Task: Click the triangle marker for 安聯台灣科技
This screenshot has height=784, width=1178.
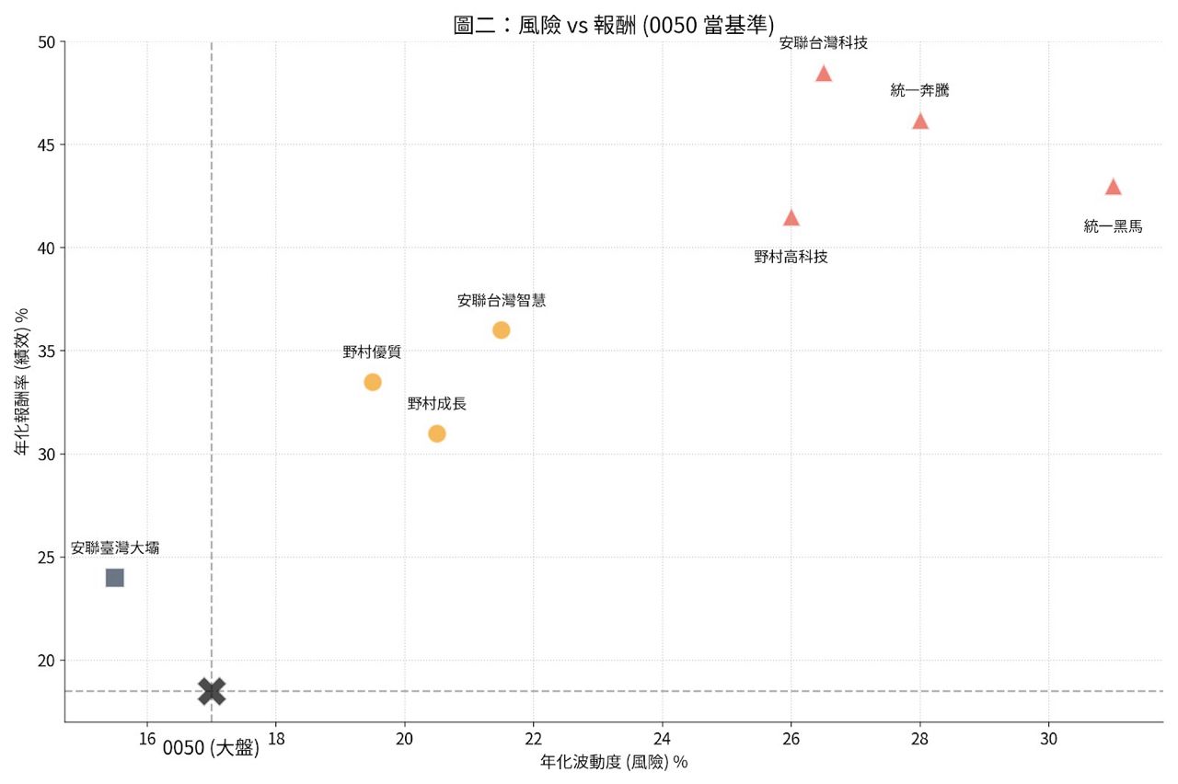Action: click(824, 75)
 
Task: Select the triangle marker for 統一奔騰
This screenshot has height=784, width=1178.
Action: click(920, 121)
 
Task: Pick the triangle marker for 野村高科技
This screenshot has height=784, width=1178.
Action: click(791, 218)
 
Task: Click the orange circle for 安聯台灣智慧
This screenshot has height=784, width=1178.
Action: click(501, 330)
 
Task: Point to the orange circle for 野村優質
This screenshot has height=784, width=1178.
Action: click(373, 382)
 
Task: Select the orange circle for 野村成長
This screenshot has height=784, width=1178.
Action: click(437, 433)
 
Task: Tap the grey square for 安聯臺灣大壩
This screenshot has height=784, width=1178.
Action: click(115, 578)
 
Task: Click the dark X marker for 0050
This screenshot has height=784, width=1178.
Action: click(212, 691)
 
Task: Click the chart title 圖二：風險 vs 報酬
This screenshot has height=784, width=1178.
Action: click(614, 25)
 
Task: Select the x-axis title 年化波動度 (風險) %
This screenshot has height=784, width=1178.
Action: click(614, 762)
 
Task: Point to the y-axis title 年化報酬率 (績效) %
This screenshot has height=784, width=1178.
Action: click(21, 382)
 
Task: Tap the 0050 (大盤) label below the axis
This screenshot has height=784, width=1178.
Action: click(211, 749)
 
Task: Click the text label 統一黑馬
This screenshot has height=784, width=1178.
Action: click(1113, 226)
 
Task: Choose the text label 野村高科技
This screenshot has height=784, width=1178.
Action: click(791, 257)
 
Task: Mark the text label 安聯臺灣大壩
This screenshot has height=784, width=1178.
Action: click(115, 548)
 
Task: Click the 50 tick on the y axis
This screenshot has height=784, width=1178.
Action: click(46, 42)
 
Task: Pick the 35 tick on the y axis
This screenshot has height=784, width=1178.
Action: click(46, 352)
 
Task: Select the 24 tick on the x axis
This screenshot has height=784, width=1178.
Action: click(662, 739)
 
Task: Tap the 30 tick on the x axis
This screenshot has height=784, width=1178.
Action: click(1048, 739)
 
